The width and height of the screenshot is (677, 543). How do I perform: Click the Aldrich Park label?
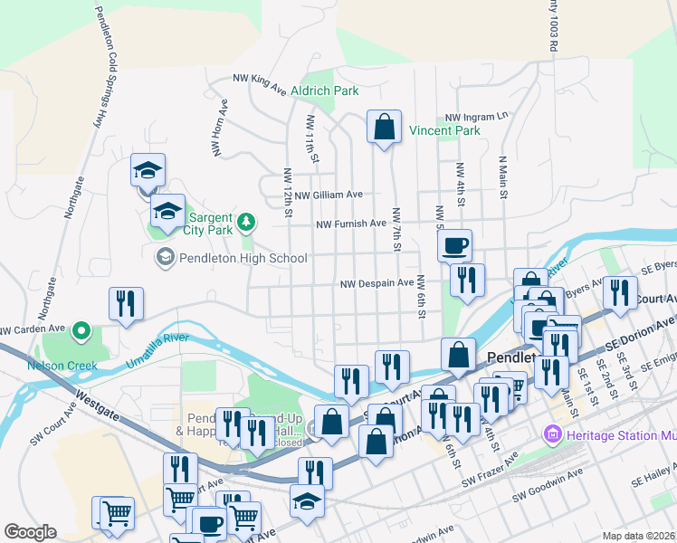(x=324, y=91)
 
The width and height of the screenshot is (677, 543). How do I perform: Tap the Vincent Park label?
(x=443, y=131)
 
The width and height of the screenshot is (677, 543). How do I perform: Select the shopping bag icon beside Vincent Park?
(x=384, y=127)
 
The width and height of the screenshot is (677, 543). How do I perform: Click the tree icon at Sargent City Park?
(x=245, y=222)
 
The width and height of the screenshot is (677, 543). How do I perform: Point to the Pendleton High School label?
(x=242, y=259)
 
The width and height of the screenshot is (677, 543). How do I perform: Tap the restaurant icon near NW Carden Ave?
(x=126, y=305)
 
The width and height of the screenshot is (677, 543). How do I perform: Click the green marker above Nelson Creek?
(x=81, y=331)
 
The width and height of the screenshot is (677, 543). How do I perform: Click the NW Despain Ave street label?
(x=377, y=283)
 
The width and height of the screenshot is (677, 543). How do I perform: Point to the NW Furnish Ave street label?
(x=351, y=224)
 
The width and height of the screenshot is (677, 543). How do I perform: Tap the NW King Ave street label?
(x=259, y=82)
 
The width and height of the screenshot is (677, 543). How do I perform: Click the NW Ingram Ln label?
(x=477, y=118)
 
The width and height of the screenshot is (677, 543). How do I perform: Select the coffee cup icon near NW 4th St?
(x=455, y=244)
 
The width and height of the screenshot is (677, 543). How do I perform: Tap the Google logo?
(x=30, y=532)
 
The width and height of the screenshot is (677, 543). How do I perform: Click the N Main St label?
(x=501, y=174)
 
